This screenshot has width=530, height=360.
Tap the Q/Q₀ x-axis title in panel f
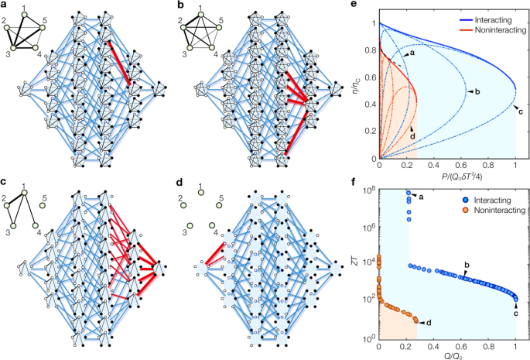click(447, 355)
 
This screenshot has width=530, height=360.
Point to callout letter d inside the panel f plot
click(429, 321)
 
